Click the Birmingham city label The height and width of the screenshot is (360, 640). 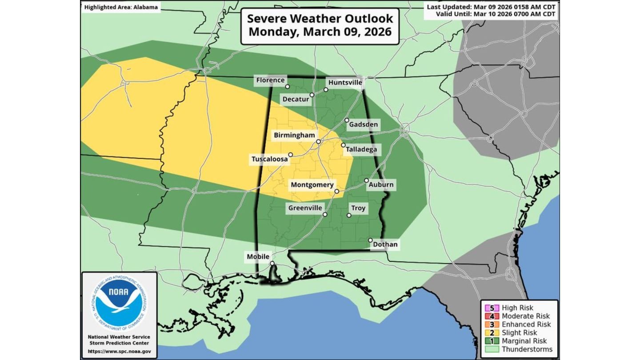pyautogui.click(x=294, y=135)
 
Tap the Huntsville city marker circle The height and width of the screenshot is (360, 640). pyautogui.click(x=326, y=90)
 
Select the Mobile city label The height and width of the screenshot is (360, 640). pyautogui.click(x=258, y=256)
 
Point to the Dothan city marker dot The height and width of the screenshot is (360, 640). pyautogui.click(x=370, y=240)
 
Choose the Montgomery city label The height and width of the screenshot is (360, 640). pyautogui.click(x=312, y=184)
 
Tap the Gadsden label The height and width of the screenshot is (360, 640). pyautogui.click(x=363, y=124)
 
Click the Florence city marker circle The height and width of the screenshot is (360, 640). pyautogui.click(x=288, y=87)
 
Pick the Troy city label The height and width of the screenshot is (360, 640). pyautogui.click(x=358, y=208)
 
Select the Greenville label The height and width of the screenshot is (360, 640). pyautogui.click(x=305, y=208)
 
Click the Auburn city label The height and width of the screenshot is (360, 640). pyautogui.click(x=381, y=184)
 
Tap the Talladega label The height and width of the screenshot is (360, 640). pyautogui.click(x=361, y=149)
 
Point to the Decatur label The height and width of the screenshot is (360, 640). pyautogui.click(x=296, y=100)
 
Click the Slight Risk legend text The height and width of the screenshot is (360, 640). pyautogui.click(x=519, y=332)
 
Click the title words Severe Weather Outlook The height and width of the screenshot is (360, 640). pyautogui.click(x=320, y=19)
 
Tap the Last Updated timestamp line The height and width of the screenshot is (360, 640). pyautogui.click(x=491, y=7)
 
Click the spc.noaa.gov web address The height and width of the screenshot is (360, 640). pyautogui.click(x=119, y=351)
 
